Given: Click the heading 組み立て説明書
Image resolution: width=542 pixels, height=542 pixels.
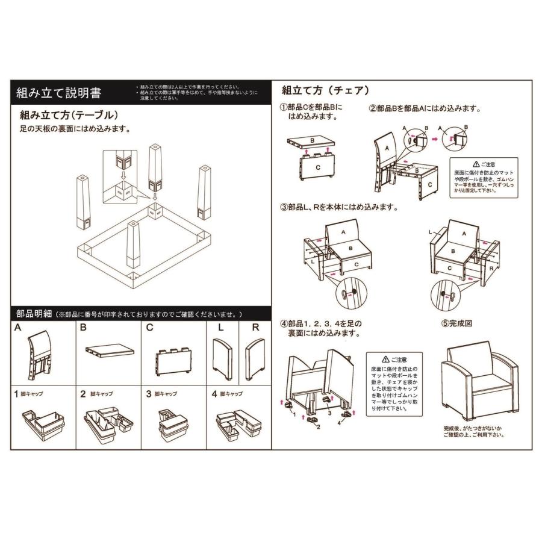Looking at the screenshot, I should [58, 93].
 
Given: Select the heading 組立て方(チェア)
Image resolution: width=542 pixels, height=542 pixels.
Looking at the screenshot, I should [325, 90].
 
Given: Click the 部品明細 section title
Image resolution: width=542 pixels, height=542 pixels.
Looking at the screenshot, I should [34, 314].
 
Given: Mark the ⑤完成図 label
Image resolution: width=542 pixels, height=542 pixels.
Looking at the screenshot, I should [456, 323].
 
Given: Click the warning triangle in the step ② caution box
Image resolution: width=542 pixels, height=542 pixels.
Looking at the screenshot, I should [476, 163].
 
